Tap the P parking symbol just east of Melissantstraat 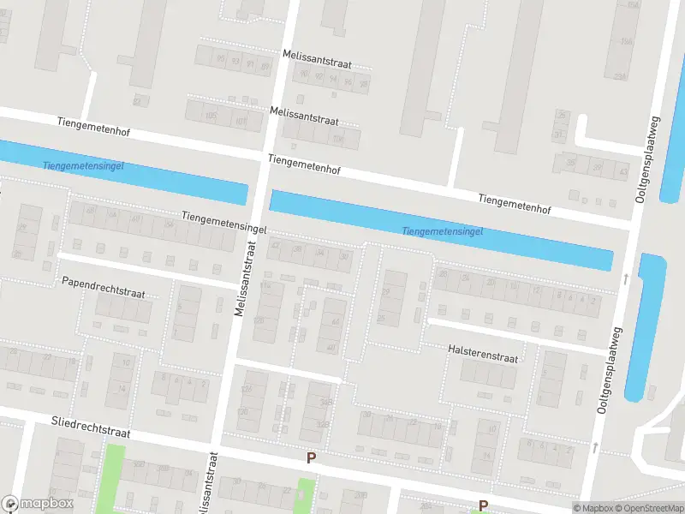coord(311,458)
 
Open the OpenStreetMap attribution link coord(649,508)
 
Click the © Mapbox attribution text coord(593,508)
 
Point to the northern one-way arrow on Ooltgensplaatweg coord(626,278)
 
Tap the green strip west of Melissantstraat coord(110,480)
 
